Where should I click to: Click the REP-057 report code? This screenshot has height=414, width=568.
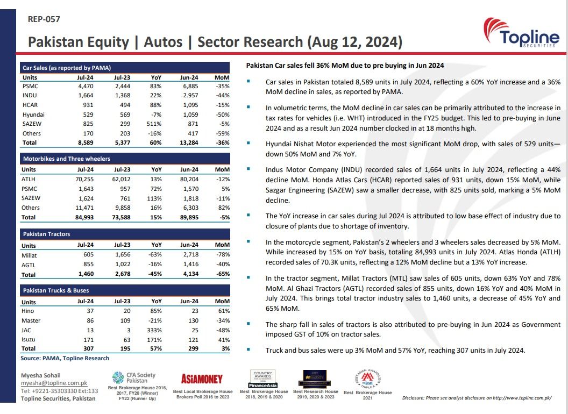click(x=44, y=19)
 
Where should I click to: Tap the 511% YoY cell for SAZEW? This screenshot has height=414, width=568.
click(x=156, y=124)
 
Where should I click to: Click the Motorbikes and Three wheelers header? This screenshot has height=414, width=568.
click(x=66, y=159)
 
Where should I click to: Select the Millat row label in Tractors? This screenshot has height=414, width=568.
click(x=30, y=255)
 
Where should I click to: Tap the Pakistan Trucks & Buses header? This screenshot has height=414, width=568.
click(x=55, y=290)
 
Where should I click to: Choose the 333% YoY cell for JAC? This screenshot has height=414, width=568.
click(x=157, y=330)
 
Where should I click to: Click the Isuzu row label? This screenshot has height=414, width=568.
click(x=29, y=339)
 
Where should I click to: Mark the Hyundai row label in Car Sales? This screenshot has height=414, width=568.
click(x=33, y=115)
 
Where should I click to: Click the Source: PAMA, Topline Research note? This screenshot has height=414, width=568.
click(x=65, y=358)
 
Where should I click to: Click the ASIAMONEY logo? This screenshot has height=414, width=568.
click(x=202, y=379)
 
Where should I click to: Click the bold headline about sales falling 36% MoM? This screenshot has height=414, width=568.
click(x=345, y=66)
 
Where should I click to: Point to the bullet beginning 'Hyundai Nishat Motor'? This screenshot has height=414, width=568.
click(x=413, y=149)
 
